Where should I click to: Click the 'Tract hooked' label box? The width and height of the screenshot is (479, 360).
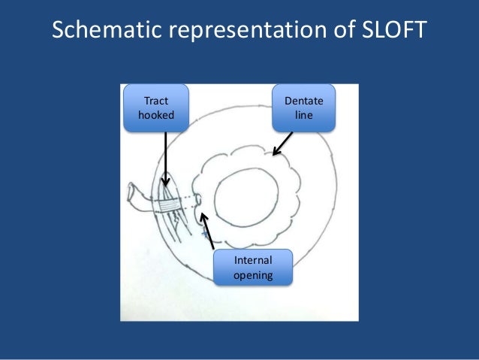[155, 108]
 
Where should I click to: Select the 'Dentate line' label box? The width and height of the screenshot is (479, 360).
[304, 108]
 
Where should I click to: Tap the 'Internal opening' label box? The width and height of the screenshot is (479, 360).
[253, 268]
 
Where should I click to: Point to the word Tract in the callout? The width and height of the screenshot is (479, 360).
[155, 101]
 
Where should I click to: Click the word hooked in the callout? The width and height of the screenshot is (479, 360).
[155, 116]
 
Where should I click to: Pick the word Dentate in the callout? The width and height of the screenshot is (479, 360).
[304, 101]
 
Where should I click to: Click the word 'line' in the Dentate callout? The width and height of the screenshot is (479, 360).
[304, 116]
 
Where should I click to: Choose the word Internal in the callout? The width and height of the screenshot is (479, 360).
[253, 260]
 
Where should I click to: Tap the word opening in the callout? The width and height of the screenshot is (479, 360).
[253, 276]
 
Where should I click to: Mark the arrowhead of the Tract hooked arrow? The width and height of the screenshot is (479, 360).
[165, 183]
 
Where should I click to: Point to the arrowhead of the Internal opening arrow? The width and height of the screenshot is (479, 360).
[203, 217]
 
